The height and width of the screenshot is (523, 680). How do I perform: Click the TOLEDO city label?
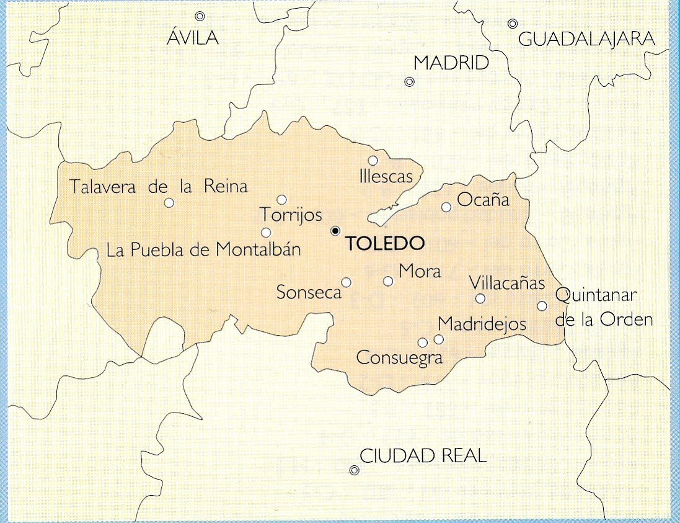(385, 243)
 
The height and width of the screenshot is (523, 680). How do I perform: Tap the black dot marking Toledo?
(335, 231)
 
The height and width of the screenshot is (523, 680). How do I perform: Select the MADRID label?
(451, 63)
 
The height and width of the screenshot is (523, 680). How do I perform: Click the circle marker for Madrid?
(409, 82)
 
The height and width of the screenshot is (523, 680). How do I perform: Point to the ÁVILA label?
(193, 38)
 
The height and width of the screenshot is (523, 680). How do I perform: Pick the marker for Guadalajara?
(513, 24)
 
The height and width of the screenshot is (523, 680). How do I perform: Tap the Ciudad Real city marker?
(354, 470)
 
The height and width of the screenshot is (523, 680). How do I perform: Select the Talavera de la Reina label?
(158, 186)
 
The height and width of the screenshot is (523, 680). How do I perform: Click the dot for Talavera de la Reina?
(169, 202)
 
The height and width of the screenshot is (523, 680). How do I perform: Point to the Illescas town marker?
(373, 161)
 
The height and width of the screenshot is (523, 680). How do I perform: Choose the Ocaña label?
(483, 200)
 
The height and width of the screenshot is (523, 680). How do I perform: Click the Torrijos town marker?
(281, 200)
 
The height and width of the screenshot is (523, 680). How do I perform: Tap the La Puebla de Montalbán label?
(203, 250)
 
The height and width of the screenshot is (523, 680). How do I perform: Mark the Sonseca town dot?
(347, 282)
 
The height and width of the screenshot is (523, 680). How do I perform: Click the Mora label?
(420, 271)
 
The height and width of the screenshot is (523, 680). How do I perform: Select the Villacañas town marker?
(480, 298)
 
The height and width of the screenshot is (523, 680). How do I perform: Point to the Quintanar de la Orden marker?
(542, 306)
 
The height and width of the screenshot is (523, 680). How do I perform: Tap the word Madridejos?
(482, 324)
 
